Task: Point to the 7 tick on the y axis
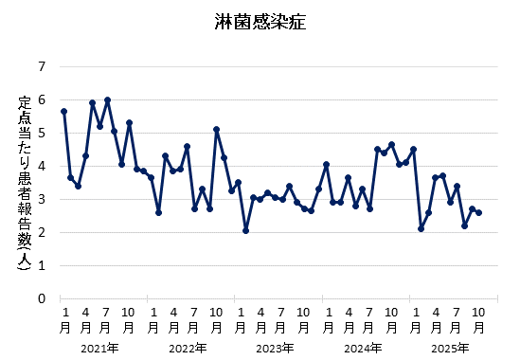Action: click(x=41, y=67)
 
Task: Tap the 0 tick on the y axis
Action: click(x=41, y=298)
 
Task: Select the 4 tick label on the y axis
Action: click(x=41, y=167)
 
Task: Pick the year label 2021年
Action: click(x=99, y=348)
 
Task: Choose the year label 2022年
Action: click(x=188, y=348)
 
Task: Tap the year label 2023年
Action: click(x=275, y=348)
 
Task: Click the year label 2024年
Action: click(x=363, y=348)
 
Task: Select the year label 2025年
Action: click(x=450, y=348)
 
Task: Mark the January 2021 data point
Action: click(x=63, y=112)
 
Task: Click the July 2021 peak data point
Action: click(x=107, y=100)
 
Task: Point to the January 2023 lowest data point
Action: click(x=245, y=230)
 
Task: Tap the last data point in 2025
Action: click(x=479, y=212)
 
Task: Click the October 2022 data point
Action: click(x=217, y=130)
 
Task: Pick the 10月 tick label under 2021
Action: click(x=129, y=319)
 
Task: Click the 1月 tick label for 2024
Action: click(x=326, y=319)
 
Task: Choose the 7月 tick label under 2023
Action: click(x=282, y=319)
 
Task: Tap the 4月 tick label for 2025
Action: click(x=436, y=319)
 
